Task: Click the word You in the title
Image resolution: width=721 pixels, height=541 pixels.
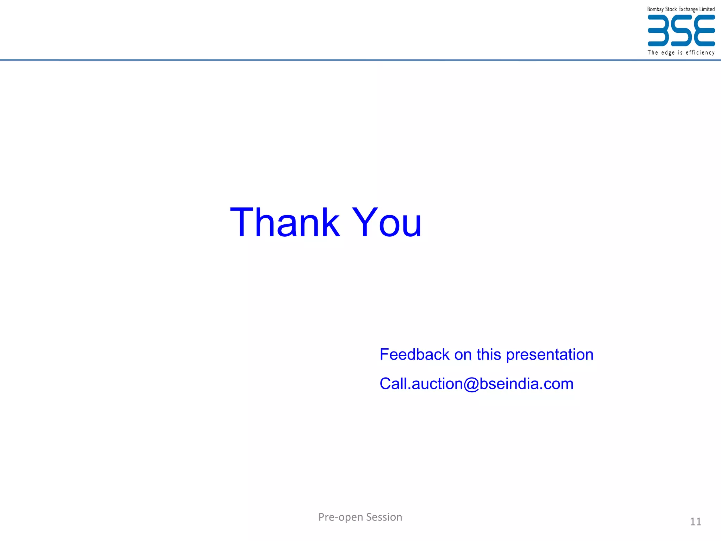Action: click(387, 223)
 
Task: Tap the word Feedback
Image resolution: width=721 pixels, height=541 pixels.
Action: click(414, 354)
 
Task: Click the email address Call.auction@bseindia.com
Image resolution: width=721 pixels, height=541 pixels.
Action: click(476, 384)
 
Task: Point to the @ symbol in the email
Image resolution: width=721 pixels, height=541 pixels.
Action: click(471, 384)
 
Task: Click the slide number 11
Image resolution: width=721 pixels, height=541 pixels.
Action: click(695, 522)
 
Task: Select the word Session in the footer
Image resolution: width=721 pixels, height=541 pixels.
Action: click(384, 517)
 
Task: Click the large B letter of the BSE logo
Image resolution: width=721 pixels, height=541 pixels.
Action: click(658, 31)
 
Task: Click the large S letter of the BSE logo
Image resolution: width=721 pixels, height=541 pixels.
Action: click(681, 31)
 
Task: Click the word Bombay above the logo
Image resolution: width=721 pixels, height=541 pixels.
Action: click(655, 10)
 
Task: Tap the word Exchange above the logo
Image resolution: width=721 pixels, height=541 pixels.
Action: click(688, 10)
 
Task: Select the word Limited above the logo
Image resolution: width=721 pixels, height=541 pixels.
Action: click(707, 9)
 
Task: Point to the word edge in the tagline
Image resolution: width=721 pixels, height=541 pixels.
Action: click(668, 53)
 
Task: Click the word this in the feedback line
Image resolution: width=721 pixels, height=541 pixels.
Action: click(489, 354)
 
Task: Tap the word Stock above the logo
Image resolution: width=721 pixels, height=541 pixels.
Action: click(671, 9)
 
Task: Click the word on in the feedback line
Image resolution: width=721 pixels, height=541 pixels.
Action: click(463, 355)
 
